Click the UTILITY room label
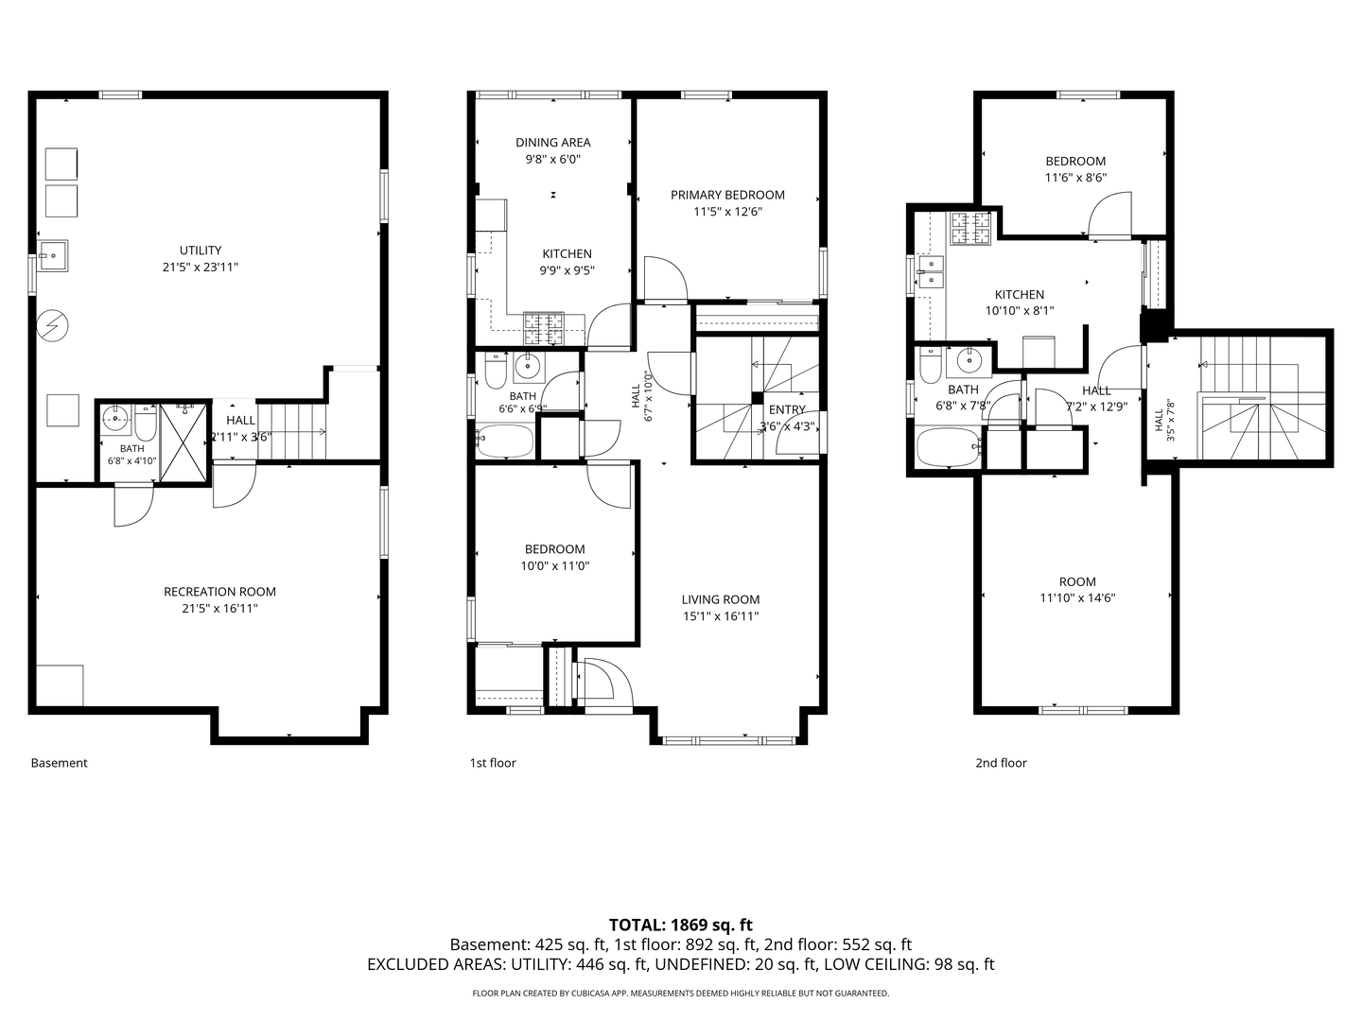200,251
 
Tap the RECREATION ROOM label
219,592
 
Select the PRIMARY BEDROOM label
727,196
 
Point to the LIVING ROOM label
721,600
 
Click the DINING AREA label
553,143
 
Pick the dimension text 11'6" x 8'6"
1076,178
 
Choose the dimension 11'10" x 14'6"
1078,598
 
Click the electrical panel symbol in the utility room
52,325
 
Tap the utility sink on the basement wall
52,255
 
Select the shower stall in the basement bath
183,442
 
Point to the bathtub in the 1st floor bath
504,441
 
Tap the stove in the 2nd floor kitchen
971,228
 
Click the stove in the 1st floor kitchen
544,329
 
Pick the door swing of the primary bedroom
666,278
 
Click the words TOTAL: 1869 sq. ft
681,926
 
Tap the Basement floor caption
59,763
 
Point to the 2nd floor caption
1001,763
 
